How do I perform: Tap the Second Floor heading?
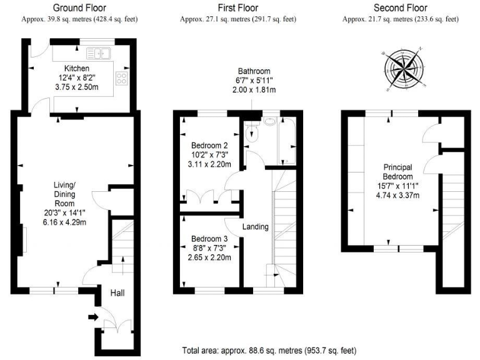[400, 8]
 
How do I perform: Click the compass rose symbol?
[404, 66]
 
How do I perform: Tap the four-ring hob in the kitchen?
[121, 79]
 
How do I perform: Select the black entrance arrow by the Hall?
[93, 317]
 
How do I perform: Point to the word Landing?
[256, 227]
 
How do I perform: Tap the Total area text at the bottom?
[269, 351]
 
